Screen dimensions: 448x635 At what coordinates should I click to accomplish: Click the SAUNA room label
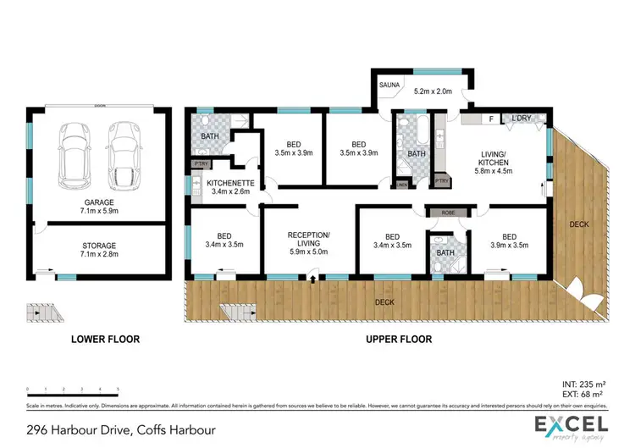coord(389,85)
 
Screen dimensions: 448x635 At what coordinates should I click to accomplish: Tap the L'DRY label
coord(522,119)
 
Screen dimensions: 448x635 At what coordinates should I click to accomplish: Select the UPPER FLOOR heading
coord(399,339)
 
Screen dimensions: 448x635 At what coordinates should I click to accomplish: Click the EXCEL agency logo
coord(571,426)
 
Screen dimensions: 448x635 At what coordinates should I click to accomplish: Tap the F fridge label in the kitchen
coord(490,119)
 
